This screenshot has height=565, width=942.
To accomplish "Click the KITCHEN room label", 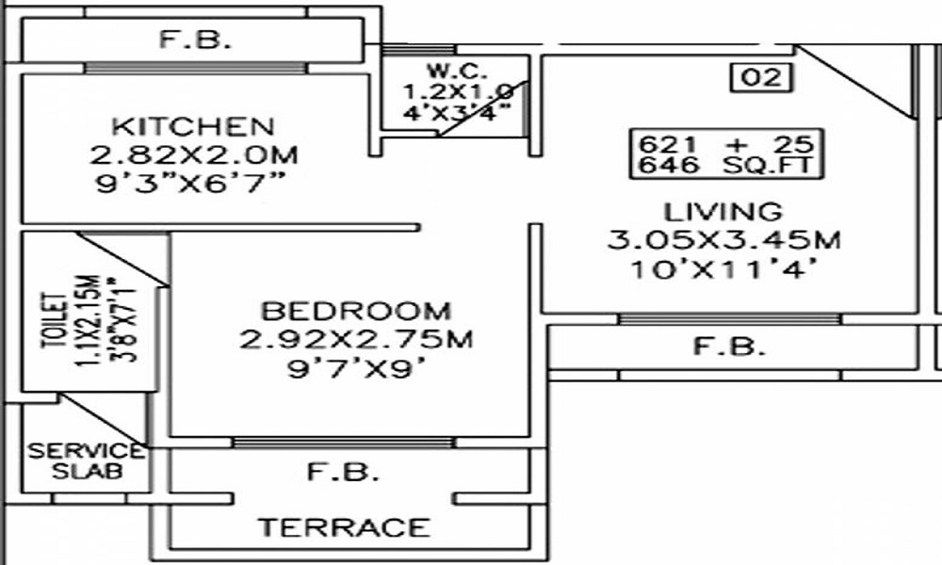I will point(193,126).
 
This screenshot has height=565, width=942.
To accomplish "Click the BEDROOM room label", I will point(355,311).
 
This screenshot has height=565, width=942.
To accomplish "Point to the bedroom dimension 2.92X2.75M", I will point(355,339).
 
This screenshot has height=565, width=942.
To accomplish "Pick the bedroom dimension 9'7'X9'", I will point(355,368).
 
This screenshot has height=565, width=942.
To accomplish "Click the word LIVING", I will point(723,211).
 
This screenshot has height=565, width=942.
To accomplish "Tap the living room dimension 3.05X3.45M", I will point(723,239).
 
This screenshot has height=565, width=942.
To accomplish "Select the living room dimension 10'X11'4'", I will point(723,269).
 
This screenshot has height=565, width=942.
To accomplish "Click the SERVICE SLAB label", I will point(86,461).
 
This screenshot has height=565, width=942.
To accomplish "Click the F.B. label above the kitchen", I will point(192,41).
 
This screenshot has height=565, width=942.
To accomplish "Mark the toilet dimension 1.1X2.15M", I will point(88,325).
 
